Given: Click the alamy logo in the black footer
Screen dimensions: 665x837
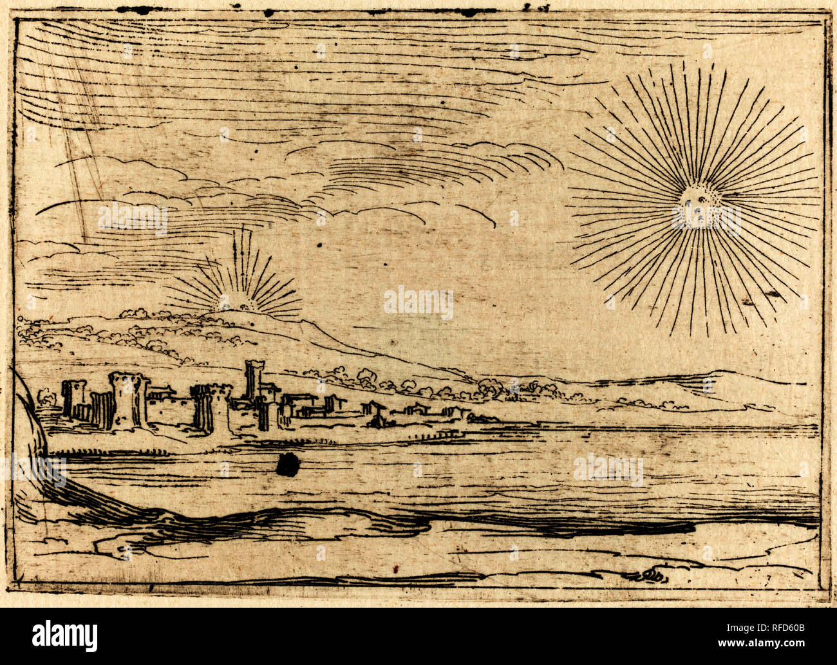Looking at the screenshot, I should pyautogui.click(x=65, y=636).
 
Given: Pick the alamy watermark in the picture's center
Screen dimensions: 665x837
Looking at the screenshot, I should pyautogui.click(x=418, y=303).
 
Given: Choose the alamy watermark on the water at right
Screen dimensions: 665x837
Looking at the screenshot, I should pyautogui.click(x=608, y=469).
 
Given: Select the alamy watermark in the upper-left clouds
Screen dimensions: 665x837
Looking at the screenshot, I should pyautogui.click(x=133, y=219).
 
